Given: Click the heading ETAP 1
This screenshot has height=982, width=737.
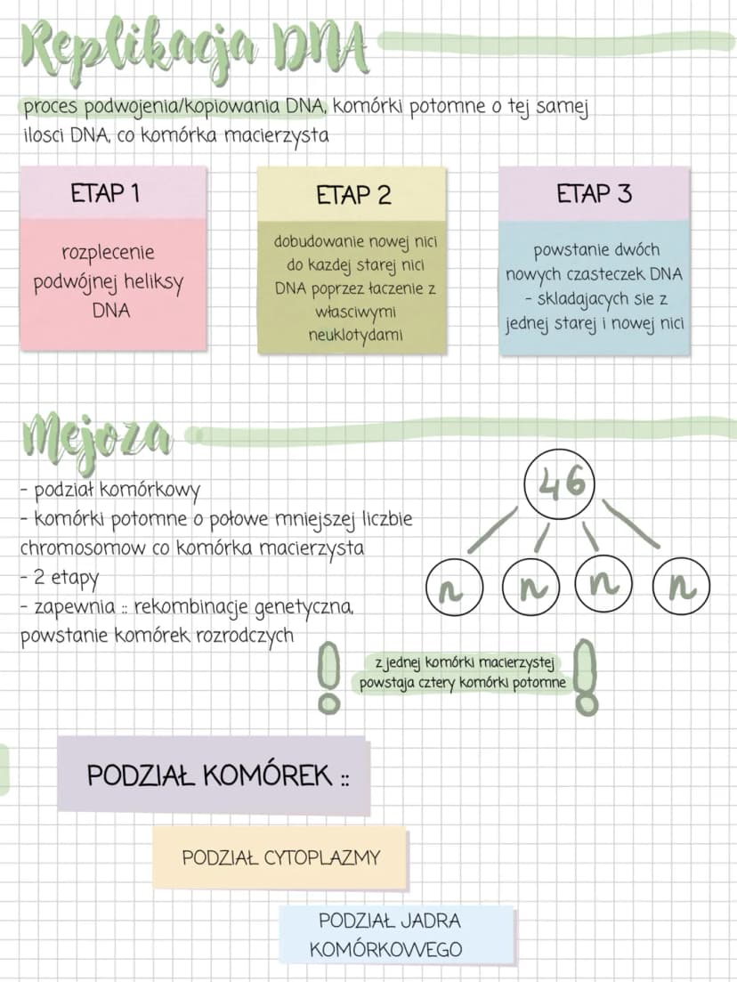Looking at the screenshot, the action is (x=105, y=193).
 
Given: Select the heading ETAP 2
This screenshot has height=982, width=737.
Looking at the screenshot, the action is (x=353, y=195).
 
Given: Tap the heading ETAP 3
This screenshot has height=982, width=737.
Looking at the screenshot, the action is (x=595, y=193).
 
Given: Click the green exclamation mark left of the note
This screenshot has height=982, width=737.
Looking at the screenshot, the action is (x=329, y=677).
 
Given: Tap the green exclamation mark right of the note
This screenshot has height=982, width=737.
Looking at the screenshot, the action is (x=586, y=677).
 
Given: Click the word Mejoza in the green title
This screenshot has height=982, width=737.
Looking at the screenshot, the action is (x=96, y=438).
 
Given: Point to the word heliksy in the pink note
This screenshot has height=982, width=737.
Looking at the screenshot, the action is (x=154, y=282).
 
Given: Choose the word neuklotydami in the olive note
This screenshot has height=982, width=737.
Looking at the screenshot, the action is (x=355, y=335).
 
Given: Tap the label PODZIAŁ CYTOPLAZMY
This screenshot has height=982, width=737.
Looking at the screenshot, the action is (x=281, y=857).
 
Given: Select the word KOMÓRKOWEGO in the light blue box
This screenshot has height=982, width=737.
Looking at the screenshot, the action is (x=385, y=949).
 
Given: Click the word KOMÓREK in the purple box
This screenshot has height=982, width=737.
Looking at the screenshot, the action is (x=268, y=775).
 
